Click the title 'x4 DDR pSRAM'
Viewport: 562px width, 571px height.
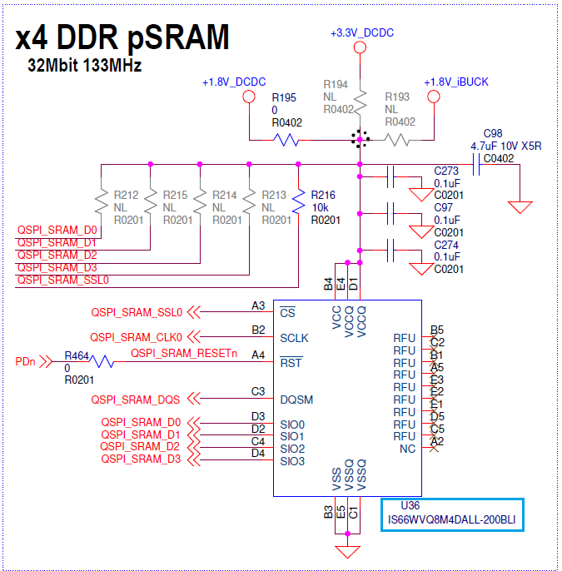click(x=123, y=37)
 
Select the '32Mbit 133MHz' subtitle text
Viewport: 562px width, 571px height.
click(x=84, y=66)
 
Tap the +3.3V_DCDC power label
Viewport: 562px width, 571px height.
click(x=361, y=32)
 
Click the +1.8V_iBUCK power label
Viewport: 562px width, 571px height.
click(x=455, y=82)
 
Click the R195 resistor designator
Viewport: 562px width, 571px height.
click(x=284, y=97)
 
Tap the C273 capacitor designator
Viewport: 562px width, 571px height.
click(x=447, y=171)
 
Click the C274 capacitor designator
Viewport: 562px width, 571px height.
click(x=447, y=245)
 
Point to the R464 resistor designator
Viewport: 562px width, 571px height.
click(x=77, y=355)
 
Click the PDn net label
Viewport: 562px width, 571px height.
click(x=26, y=362)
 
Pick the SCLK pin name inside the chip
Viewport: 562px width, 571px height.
click(x=294, y=339)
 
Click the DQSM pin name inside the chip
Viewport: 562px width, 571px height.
click(x=296, y=400)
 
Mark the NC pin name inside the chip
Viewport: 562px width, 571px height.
click(x=407, y=449)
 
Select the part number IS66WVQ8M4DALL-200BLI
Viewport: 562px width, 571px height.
click(x=451, y=520)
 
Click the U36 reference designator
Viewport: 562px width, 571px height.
click(x=410, y=506)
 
